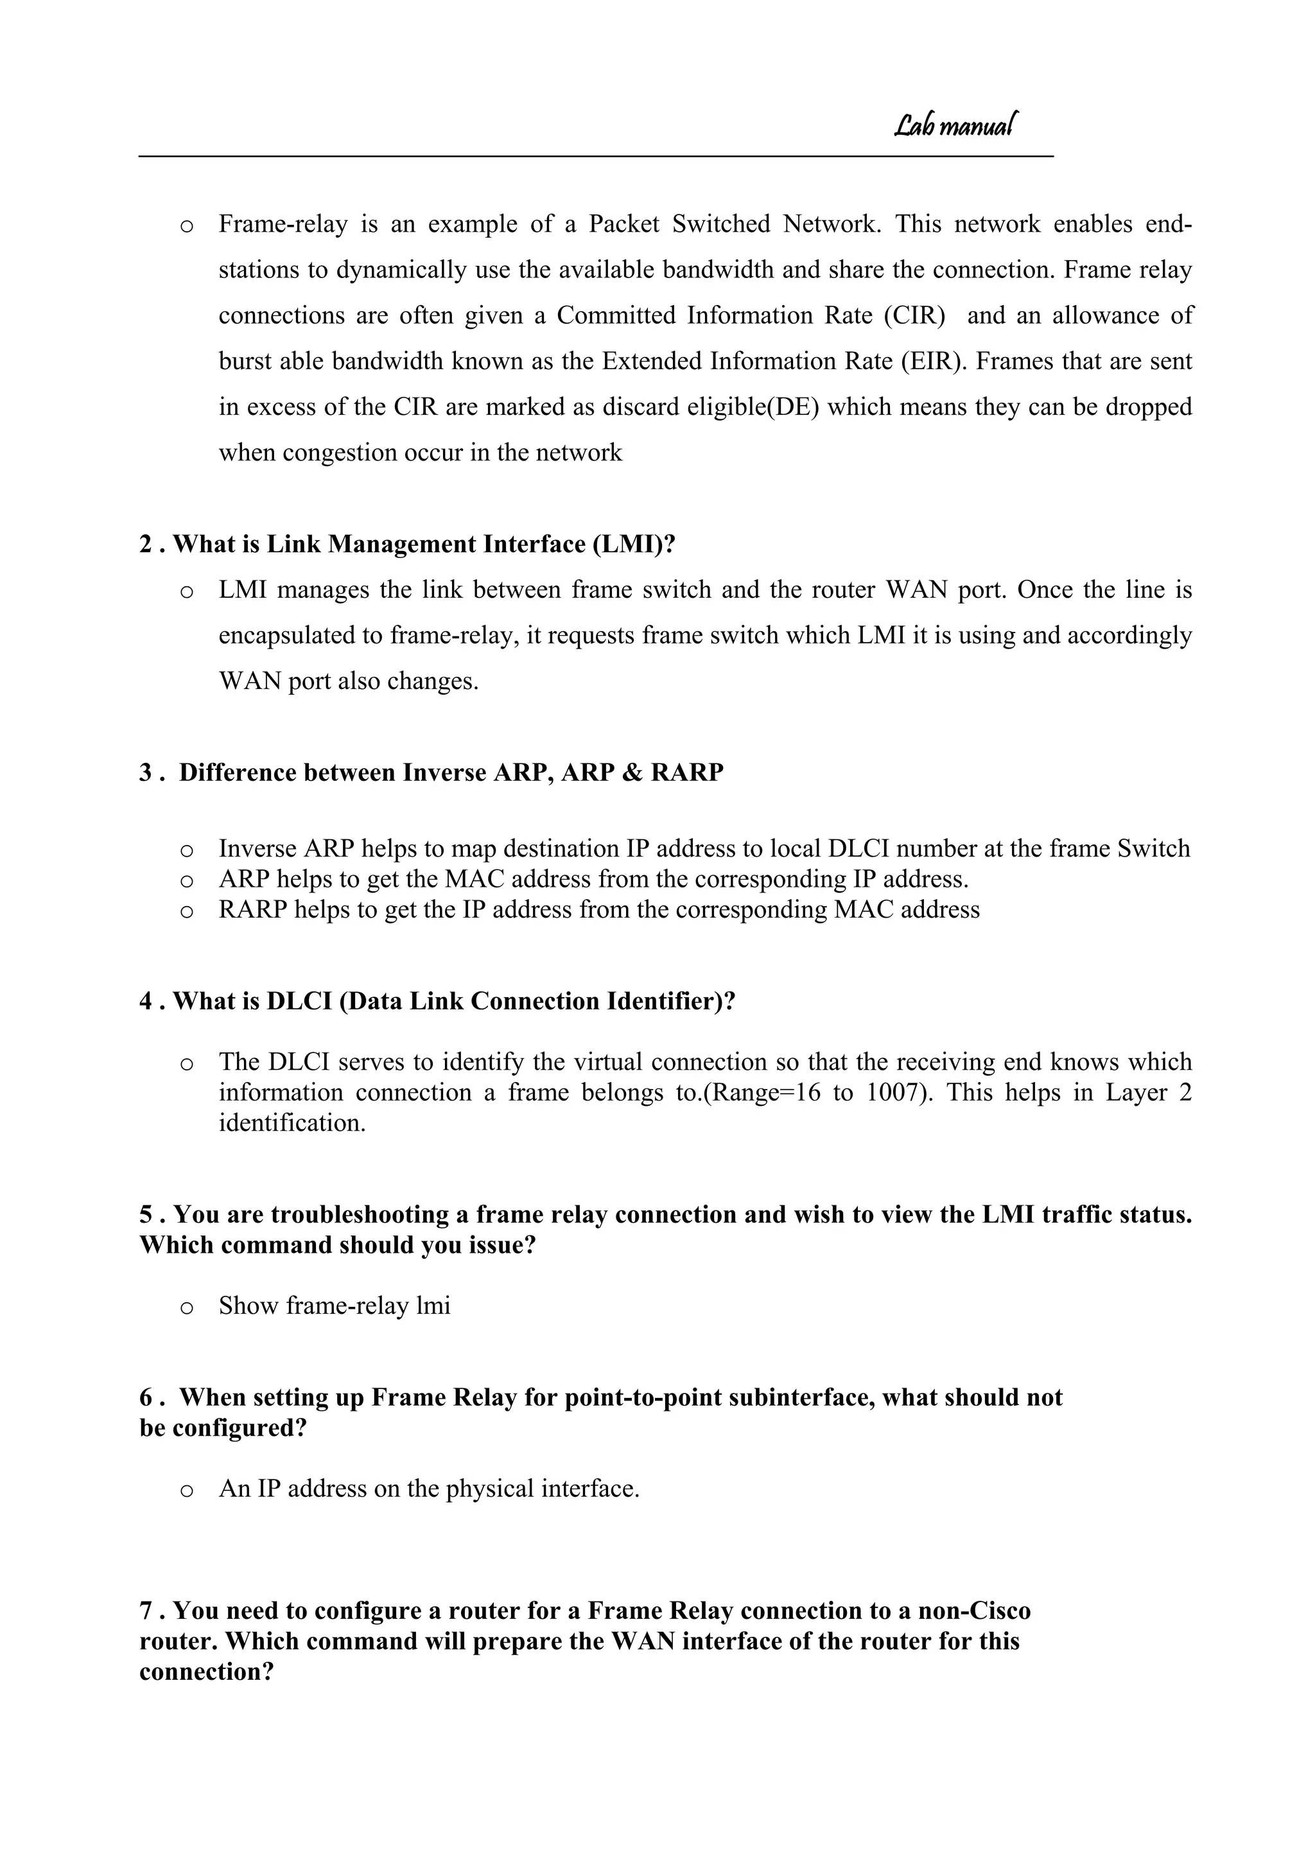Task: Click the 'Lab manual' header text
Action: tap(955, 125)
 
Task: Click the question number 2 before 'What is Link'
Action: tap(146, 544)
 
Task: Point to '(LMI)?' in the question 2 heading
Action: tap(633, 544)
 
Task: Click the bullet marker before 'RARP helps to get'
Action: tap(186, 911)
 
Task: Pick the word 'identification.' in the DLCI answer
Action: tap(292, 1123)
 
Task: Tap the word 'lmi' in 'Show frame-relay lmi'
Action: tap(432, 1305)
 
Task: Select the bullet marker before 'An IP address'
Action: tap(186, 1490)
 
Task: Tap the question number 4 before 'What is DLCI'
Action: tap(146, 1002)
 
